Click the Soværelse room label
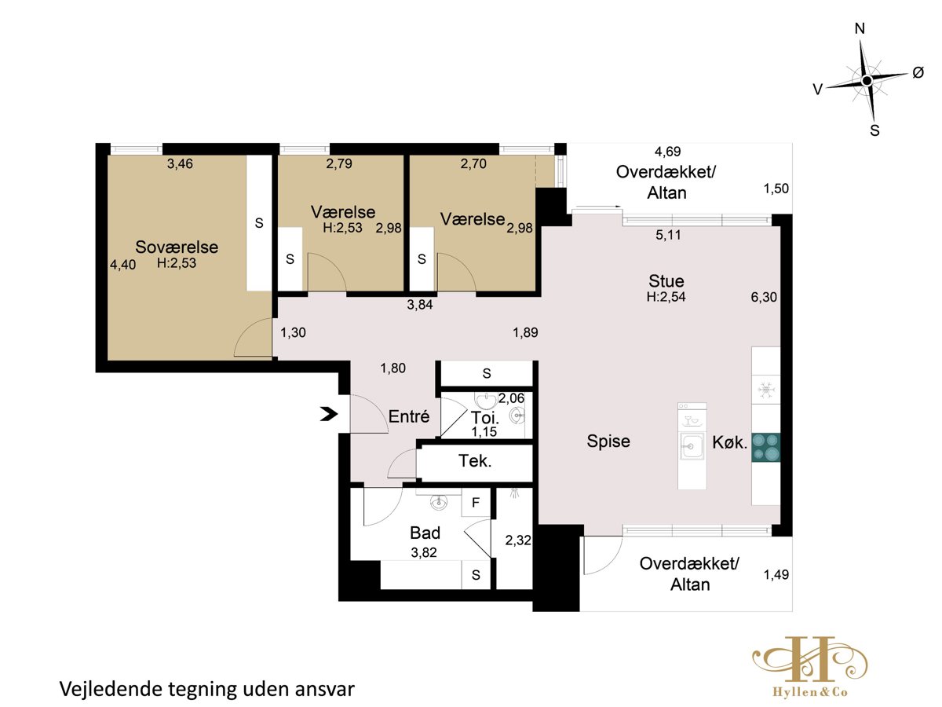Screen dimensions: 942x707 (x=177, y=247)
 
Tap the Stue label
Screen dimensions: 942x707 (x=666, y=281)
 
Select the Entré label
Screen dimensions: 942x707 (x=408, y=416)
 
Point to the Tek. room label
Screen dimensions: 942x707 (x=475, y=461)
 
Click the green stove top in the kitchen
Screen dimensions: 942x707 (x=765, y=447)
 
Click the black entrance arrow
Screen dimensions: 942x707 (x=329, y=414)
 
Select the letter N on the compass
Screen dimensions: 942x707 (x=860, y=29)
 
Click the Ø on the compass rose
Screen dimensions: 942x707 (x=918, y=73)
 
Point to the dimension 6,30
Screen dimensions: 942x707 (x=764, y=297)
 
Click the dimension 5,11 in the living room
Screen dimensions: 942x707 (x=668, y=235)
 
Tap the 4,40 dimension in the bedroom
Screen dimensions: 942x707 (x=122, y=265)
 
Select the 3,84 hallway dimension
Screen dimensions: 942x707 (x=420, y=305)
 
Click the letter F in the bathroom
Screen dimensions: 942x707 (x=476, y=502)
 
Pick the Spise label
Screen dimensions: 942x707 (x=608, y=441)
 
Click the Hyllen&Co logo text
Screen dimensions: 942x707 (x=810, y=692)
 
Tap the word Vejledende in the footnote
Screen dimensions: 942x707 (x=111, y=689)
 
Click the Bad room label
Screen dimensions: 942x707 (x=425, y=533)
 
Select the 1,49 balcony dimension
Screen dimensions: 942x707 (x=776, y=574)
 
